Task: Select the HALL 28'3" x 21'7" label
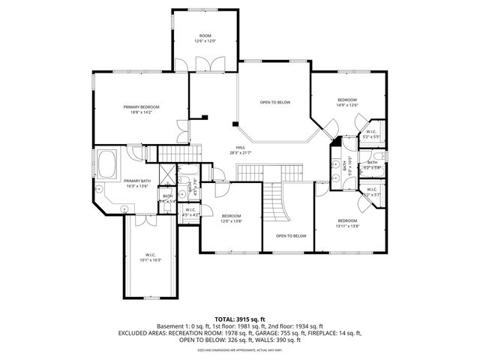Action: coord(240,150)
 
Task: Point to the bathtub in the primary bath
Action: coord(108,163)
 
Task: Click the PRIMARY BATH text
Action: coord(137,182)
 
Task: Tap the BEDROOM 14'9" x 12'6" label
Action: coord(346,102)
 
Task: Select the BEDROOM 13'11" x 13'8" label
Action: coord(347,223)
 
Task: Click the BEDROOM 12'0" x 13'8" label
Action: coord(230,217)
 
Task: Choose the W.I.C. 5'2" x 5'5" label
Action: coord(371,135)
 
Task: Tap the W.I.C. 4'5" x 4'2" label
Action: coord(190,212)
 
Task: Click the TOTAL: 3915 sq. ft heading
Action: coord(239,319)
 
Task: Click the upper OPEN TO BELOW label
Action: coord(275,102)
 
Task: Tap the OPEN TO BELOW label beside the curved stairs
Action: coord(290,235)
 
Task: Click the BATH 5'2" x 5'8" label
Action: coord(373,165)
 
